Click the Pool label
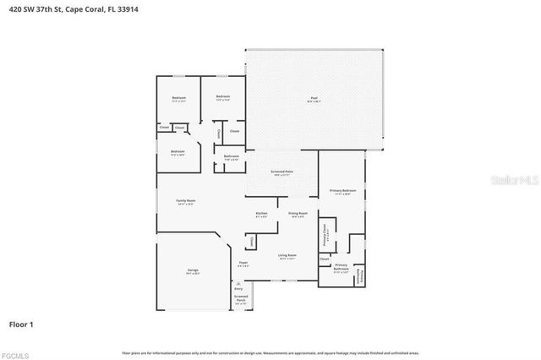(x=314, y=100)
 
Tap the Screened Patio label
(x=281, y=172)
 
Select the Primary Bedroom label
(x=342, y=191)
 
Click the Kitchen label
(x=262, y=214)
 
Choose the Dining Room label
(x=298, y=214)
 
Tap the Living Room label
(x=287, y=255)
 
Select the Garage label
(x=193, y=270)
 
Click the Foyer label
(x=243, y=264)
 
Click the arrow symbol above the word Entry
(x=238, y=284)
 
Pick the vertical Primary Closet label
(x=325, y=234)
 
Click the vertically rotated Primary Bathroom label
(x=359, y=275)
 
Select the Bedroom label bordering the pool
(x=223, y=97)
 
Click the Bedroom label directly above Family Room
(x=178, y=152)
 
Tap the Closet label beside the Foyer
(x=252, y=242)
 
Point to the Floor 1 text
(x=21, y=324)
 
